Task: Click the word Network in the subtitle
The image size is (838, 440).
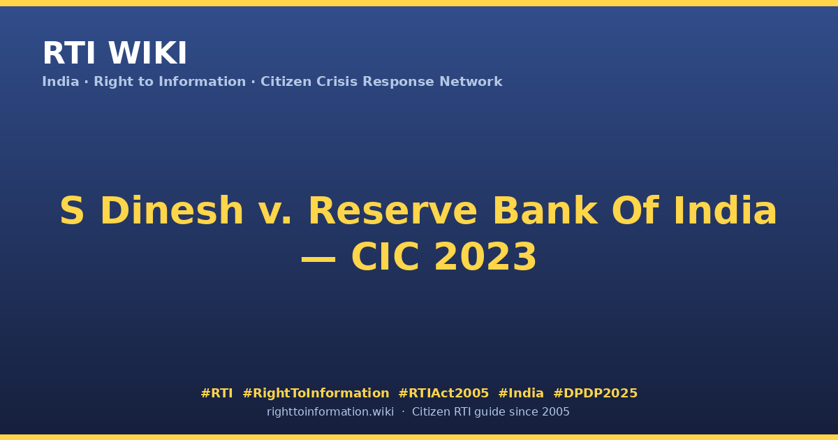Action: pos(471,82)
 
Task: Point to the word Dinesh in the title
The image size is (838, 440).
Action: pos(172,211)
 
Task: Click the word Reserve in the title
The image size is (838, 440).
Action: pos(392,211)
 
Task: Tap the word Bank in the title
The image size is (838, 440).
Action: pos(545,211)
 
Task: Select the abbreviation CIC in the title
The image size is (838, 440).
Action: pos(385,257)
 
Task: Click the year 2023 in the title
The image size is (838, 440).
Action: pos(485,257)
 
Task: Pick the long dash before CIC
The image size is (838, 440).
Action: pos(318,258)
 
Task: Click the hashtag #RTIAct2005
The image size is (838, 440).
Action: pos(443,393)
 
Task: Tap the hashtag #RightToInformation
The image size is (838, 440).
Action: pos(316,394)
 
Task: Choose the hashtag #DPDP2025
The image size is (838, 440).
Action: pos(595,393)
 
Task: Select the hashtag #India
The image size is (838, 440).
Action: pos(521,393)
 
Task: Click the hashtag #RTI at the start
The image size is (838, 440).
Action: pos(216,393)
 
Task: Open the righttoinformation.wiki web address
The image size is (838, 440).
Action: pos(330,412)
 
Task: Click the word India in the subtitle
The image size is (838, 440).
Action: pos(61,82)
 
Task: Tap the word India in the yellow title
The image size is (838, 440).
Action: pos(726,211)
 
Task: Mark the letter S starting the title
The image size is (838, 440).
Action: pos(72,211)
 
